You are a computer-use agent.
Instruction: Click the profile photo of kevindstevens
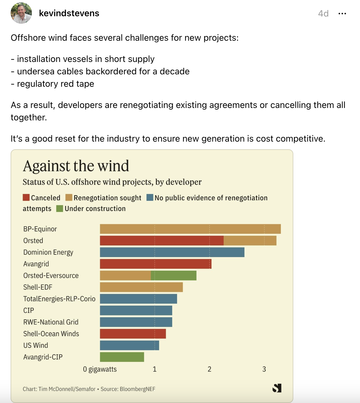[x=21, y=13]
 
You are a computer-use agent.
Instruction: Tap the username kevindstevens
[x=69, y=13]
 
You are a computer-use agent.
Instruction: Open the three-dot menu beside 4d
[x=342, y=14]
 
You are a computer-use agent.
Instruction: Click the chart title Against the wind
[x=76, y=166]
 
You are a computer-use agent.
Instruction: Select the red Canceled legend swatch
[x=26, y=198]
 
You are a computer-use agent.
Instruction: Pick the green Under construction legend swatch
[x=60, y=209]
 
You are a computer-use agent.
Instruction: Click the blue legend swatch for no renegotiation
[x=150, y=198]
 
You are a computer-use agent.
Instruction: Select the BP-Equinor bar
[x=190, y=229]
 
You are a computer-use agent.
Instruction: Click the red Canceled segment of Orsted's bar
[x=162, y=240]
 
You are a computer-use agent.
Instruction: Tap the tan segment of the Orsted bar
[x=250, y=240]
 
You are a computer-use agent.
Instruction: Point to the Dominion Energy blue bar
[x=172, y=252]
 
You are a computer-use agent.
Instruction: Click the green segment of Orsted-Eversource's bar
[x=174, y=276]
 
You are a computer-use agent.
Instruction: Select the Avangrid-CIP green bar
[x=122, y=357]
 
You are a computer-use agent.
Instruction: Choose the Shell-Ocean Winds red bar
[x=133, y=334]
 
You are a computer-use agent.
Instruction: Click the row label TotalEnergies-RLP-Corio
[x=59, y=299]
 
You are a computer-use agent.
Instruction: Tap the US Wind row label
[x=36, y=345]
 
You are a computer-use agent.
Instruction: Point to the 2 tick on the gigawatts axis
[x=210, y=369]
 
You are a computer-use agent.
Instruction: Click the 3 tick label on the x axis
[x=264, y=369]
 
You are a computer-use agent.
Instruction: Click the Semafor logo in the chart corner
[x=277, y=388]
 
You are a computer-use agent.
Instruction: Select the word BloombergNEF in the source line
[x=138, y=389]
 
